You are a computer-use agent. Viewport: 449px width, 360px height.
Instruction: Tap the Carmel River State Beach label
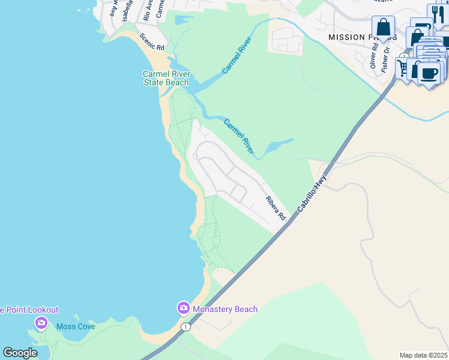tap(166, 78)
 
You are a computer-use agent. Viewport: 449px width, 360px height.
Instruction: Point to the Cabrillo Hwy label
tap(312, 193)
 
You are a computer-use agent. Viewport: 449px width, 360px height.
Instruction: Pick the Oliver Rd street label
tap(373, 60)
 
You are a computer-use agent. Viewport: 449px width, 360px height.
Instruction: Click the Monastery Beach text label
tap(225, 310)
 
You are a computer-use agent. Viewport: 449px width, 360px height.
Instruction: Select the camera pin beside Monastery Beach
tap(183, 308)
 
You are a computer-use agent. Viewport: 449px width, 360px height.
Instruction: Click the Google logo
tap(20, 353)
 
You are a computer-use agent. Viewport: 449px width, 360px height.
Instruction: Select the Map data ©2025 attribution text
tap(423, 355)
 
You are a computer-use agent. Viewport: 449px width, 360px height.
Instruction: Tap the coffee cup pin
tap(429, 73)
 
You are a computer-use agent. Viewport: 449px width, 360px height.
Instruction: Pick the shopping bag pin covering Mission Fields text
tap(383, 27)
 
